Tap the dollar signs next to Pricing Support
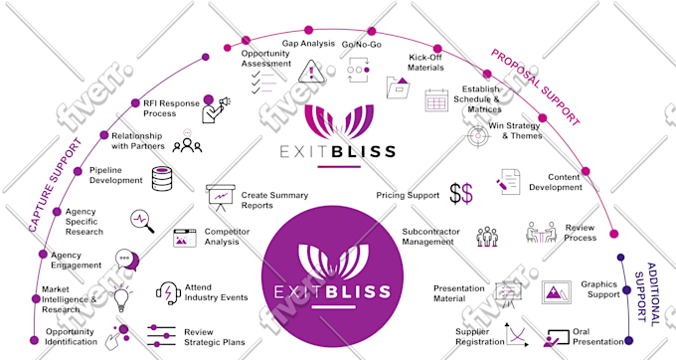461,194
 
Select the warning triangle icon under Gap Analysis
311,72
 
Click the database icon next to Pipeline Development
162,178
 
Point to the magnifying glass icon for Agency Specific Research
142,221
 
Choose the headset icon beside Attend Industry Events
168,293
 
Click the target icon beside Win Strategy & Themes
478,136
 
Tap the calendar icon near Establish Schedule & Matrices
436,100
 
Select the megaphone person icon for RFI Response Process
216,108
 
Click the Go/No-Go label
361,45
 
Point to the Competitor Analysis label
227,237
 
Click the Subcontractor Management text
430,237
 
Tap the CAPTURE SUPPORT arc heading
56,185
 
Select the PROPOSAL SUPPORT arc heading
535,88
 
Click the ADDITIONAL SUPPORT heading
647,294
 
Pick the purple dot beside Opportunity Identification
34,340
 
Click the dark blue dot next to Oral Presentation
628,340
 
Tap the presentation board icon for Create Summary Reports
221,198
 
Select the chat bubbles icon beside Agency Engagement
127,260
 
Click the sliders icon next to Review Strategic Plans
161,336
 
